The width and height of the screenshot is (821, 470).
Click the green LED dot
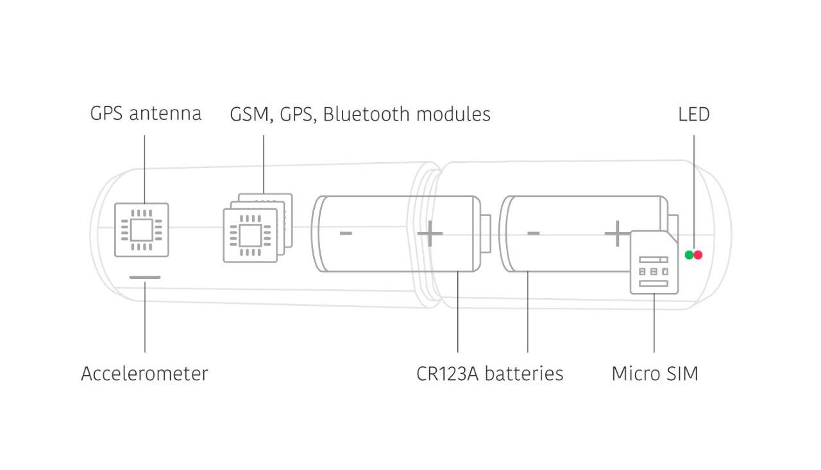point(689,255)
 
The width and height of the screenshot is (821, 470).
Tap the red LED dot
point(698,255)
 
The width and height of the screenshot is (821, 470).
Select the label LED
point(693,114)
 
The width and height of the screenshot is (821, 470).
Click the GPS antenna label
point(146,114)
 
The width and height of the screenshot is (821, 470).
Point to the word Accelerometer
point(144,373)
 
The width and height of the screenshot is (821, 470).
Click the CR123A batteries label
point(489,373)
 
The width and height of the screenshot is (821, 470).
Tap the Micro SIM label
point(654,373)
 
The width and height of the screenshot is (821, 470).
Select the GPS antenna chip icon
point(142,230)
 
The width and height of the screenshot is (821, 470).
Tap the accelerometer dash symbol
point(145,278)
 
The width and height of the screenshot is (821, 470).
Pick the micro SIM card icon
point(654,263)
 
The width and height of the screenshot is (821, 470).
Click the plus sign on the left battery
point(430,234)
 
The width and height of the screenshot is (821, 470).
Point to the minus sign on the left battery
point(346,233)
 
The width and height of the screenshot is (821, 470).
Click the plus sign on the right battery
point(616,234)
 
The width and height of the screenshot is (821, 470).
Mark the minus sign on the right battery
point(533,233)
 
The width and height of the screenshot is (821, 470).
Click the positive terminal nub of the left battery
point(486,234)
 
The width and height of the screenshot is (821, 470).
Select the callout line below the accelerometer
point(145,317)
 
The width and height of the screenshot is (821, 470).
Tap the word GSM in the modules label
point(245,114)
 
